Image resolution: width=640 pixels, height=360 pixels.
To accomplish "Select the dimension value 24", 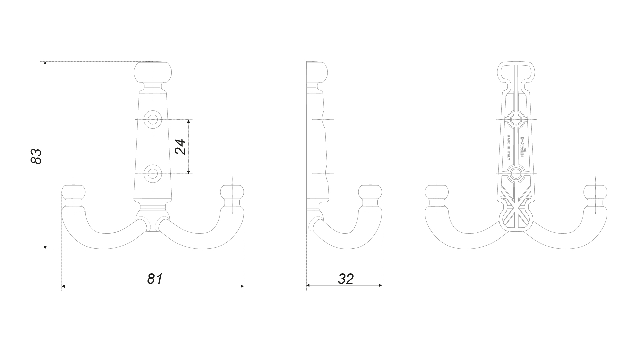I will (x=180, y=147).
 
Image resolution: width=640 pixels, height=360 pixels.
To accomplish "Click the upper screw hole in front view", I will (x=153, y=119).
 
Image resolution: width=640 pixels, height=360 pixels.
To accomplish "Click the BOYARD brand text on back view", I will (x=523, y=147).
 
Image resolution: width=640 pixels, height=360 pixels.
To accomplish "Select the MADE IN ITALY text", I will (x=509, y=148).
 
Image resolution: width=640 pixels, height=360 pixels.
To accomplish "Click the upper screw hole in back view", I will (x=516, y=119).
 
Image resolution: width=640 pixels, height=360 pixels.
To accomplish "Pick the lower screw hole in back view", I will (x=516, y=173).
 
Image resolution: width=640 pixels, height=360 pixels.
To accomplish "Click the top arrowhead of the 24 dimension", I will (x=189, y=121).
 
